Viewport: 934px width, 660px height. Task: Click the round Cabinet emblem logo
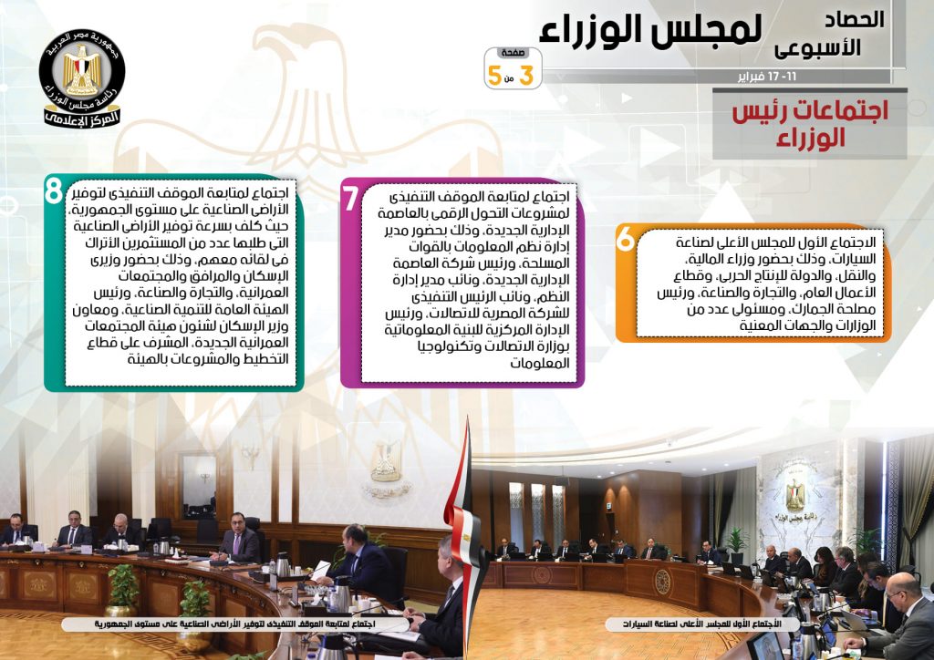(x=82, y=77)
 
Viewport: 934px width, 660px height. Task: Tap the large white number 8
(x=54, y=191)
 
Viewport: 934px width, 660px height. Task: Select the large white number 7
(x=351, y=198)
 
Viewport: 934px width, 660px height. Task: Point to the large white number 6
(x=626, y=239)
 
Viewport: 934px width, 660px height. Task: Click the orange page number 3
(x=526, y=76)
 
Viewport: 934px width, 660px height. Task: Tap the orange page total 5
(x=494, y=76)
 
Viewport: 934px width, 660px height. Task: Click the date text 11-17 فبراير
(x=766, y=77)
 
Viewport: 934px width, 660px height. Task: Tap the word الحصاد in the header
(x=854, y=20)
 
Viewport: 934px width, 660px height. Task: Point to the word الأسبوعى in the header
(x=818, y=47)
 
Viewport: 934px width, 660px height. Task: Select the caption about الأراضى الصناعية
(x=235, y=624)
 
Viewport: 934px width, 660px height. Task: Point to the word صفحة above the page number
(x=513, y=53)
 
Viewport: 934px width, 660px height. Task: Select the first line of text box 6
(x=775, y=242)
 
